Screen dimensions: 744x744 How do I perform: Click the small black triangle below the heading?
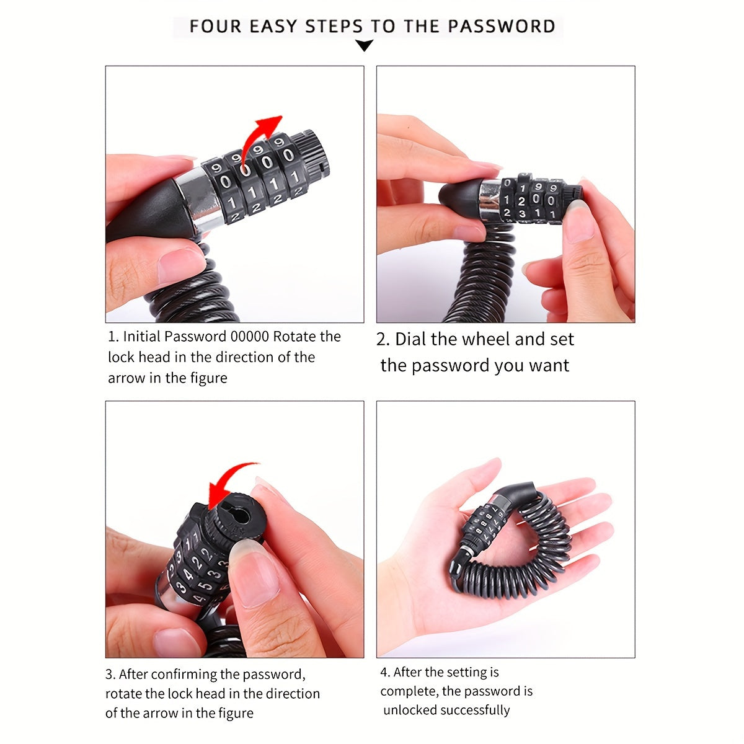(x=365, y=45)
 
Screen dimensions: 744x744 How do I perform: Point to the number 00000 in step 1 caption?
(x=249, y=337)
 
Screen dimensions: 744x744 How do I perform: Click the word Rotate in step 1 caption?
(x=295, y=337)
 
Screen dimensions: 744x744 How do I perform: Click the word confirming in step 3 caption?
(x=184, y=674)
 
